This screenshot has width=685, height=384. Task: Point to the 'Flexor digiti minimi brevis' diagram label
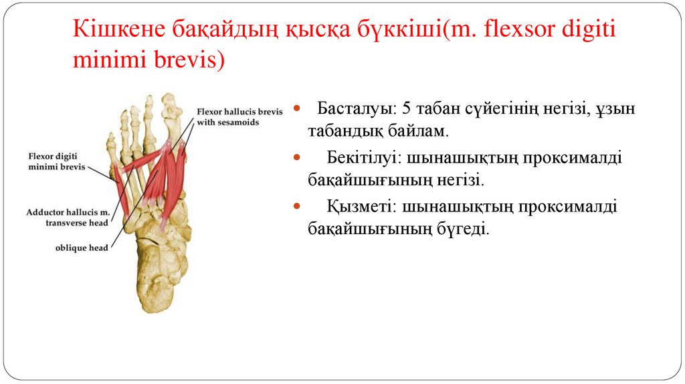click(57, 162)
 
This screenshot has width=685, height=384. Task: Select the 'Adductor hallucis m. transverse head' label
click(68, 218)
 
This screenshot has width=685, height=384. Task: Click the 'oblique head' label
click(82, 248)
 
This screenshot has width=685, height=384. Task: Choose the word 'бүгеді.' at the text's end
click(465, 229)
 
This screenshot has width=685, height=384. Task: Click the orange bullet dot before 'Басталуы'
click(297, 109)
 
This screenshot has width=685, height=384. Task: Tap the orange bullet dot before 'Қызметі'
click(297, 207)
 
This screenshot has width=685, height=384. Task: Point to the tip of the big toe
click(171, 100)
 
